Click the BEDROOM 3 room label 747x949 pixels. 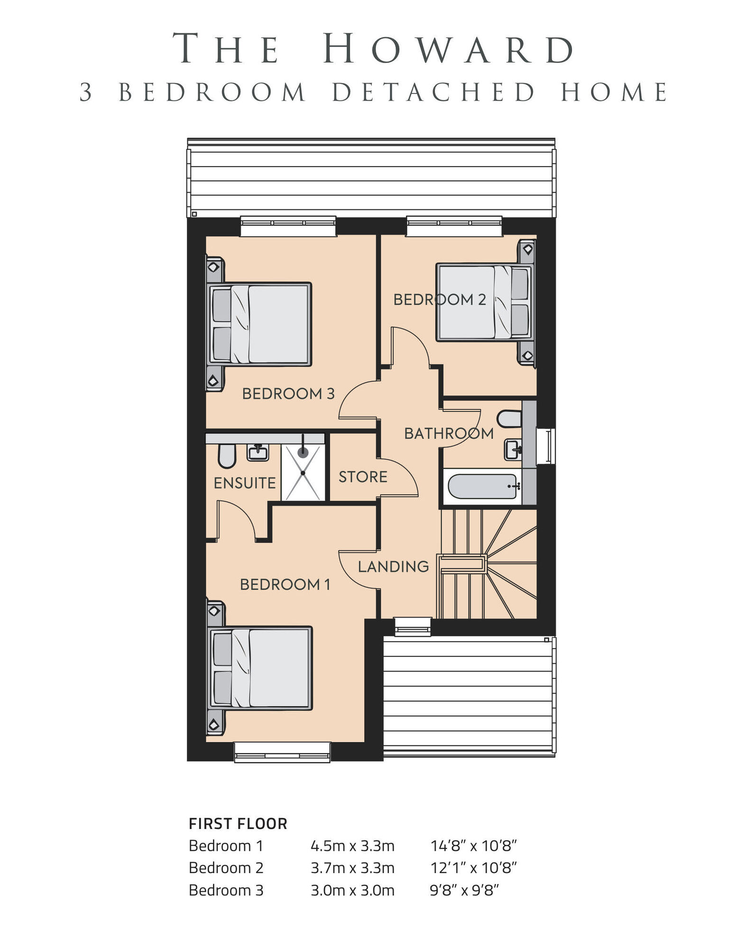tap(288, 393)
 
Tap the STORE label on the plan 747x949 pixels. tap(363, 477)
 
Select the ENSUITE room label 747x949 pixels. tap(245, 483)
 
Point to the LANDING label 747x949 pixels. tap(393, 567)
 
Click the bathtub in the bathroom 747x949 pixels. tap(483, 486)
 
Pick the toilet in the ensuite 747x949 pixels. tap(227, 456)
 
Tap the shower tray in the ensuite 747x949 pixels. tap(303, 472)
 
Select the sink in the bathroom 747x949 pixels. tap(513, 449)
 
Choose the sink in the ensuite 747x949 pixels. tap(258, 452)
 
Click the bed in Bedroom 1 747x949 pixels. tap(259, 668)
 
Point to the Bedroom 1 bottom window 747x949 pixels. tap(282, 752)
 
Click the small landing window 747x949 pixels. tap(413, 626)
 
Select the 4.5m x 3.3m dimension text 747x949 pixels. tap(352, 846)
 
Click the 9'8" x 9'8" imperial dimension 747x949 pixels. tap(464, 890)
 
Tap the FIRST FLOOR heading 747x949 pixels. tap(238, 824)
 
